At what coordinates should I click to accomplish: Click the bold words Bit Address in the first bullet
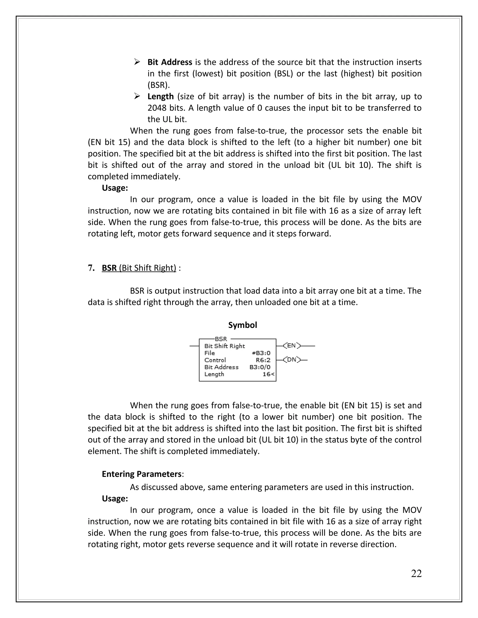point(170,62)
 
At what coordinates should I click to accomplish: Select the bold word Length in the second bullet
point(161,97)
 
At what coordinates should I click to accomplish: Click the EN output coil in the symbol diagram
point(292,346)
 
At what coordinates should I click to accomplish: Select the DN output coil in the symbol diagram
point(292,360)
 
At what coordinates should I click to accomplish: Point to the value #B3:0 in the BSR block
point(261,353)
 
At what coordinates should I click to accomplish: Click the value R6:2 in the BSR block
point(263,360)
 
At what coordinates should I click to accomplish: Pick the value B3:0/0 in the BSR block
point(260,367)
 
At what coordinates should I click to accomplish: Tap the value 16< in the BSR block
point(268,374)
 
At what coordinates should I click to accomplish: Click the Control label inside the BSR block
point(215,360)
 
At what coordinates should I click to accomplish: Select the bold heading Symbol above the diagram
point(243,325)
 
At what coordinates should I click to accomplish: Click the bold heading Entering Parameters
point(142,474)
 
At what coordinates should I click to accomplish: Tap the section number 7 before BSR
point(90,268)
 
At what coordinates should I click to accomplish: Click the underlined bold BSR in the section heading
point(109,268)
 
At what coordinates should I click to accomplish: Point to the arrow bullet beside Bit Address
point(137,62)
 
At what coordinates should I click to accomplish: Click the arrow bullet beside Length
point(137,96)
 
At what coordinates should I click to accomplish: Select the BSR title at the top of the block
point(221,339)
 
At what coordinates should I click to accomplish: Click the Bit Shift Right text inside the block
point(225,346)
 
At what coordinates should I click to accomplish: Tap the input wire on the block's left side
point(194,346)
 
